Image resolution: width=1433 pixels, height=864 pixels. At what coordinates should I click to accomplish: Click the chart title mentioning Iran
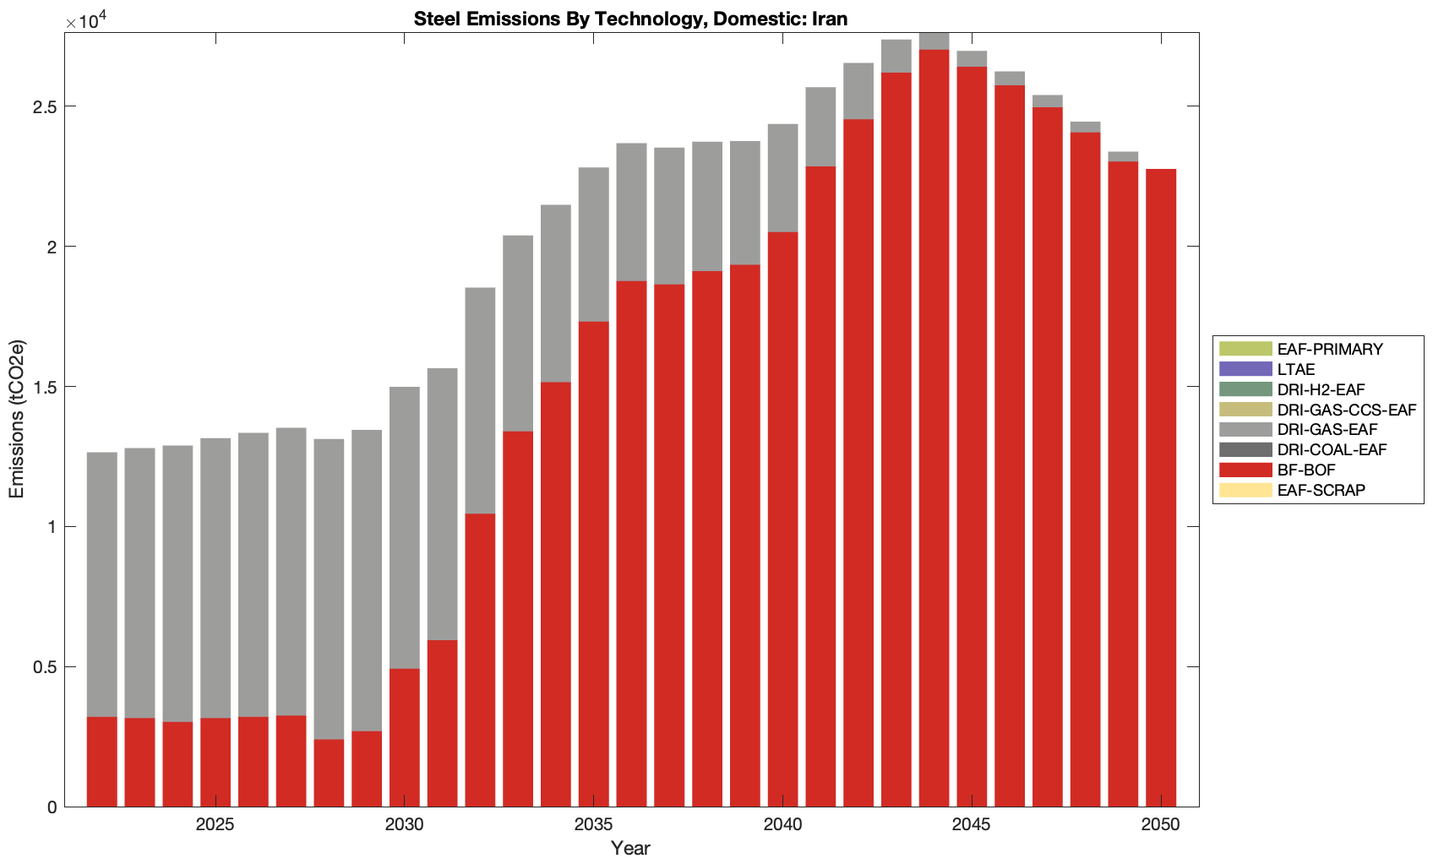pyautogui.click(x=630, y=19)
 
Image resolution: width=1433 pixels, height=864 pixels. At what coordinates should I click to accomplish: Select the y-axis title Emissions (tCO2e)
pyautogui.click(x=17, y=419)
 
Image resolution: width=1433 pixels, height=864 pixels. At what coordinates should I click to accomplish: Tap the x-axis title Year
pyautogui.click(x=630, y=848)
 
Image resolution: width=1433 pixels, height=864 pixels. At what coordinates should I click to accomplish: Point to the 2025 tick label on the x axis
pyautogui.click(x=215, y=825)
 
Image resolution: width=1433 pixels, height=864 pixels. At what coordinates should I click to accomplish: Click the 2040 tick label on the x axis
pyautogui.click(x=782, y=825)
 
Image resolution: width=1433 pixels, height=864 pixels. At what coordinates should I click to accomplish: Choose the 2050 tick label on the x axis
pyautogui.click(x=1160, y=825)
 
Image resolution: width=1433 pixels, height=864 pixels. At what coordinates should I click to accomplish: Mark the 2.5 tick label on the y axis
pyautogui.click(x=44, y=106)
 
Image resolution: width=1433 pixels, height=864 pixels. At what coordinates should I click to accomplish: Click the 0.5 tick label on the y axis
pyautogui.click(x=44, y=667)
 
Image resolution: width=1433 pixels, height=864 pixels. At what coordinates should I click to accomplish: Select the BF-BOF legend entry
pyautogui.click(x=1306, y=470)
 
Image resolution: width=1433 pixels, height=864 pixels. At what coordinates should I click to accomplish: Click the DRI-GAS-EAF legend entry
pyautogui.click(x=1327, y=429)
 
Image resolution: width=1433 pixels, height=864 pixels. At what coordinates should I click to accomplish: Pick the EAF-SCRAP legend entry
pyautogui.click(x=1321, y=490)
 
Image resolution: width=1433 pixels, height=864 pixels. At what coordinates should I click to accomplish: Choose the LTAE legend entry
pyautogui.click(x=1296, y=369)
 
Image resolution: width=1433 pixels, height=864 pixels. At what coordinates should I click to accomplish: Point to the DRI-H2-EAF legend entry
pyautogui.click(x=1321, y=389)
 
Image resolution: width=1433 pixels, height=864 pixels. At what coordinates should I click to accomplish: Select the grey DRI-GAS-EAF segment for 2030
pyautogui.click(x=404, y=528)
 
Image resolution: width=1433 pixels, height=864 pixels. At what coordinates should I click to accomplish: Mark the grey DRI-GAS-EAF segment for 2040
pyautogui.click(x=782, y=178)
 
